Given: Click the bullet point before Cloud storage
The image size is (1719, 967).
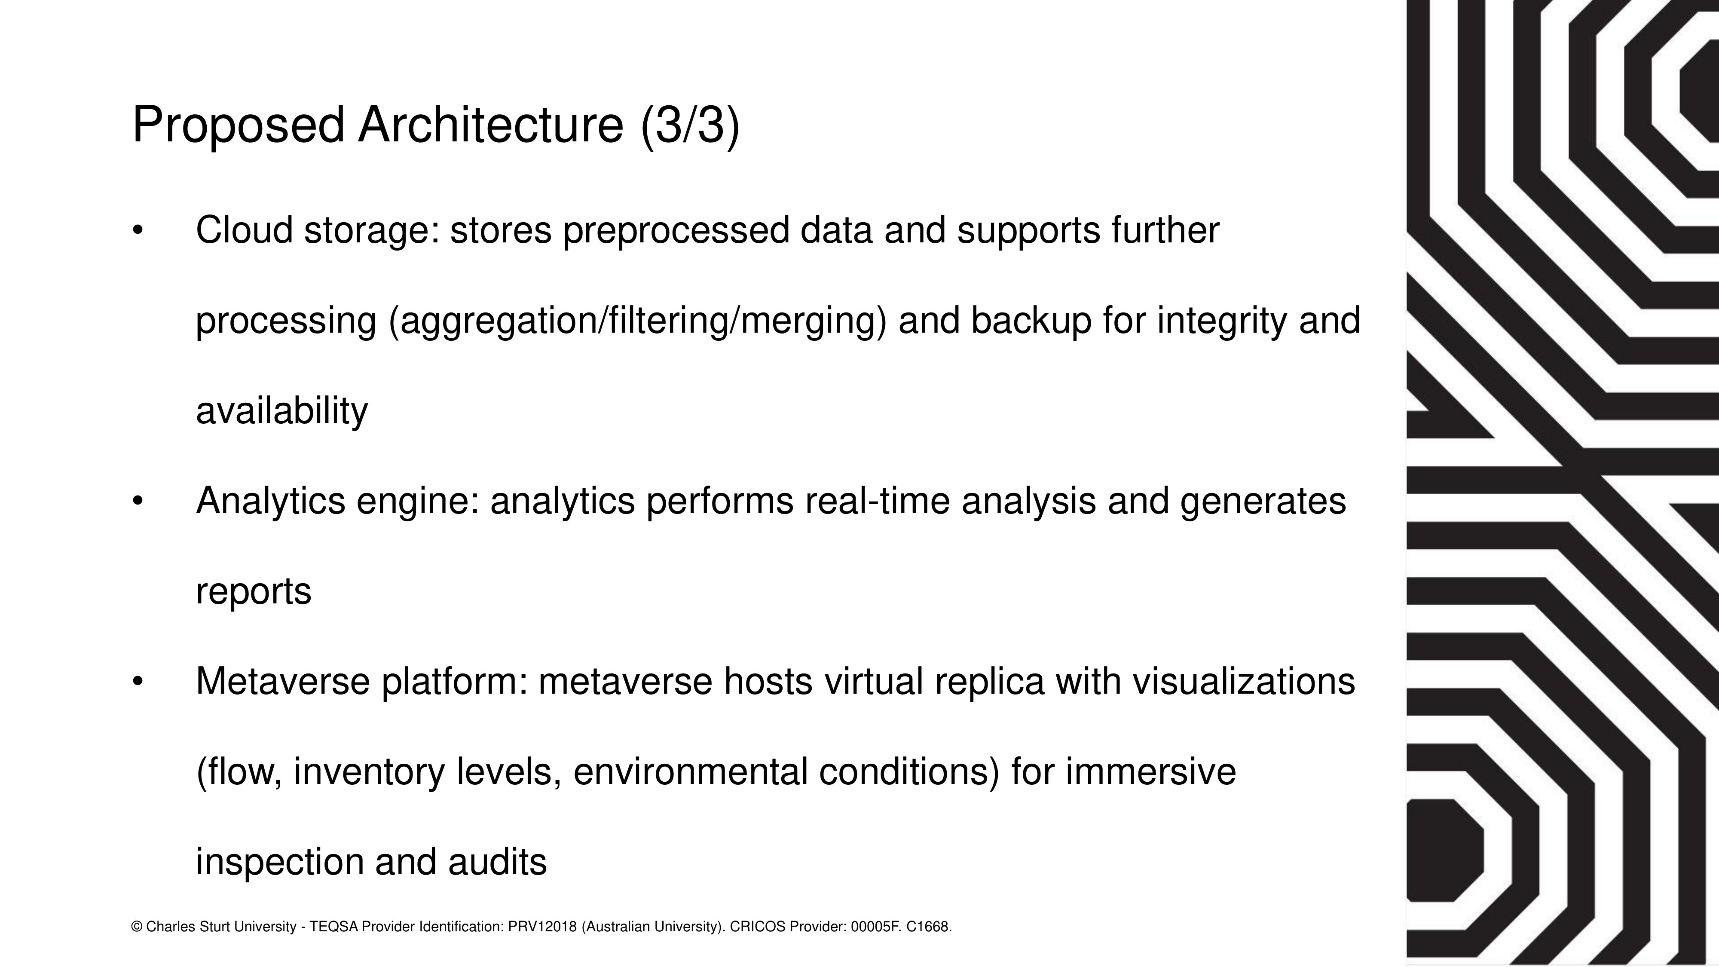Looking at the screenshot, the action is pyautogui.click(x=138, y=231).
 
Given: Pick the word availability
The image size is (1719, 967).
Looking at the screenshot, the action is pyautogui.click(x=281, y=411).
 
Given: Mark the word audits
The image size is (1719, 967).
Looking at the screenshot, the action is pyautogui.click(x=497, y=862).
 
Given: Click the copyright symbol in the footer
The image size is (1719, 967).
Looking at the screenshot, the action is pyautogui.click(x=138, y=927).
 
